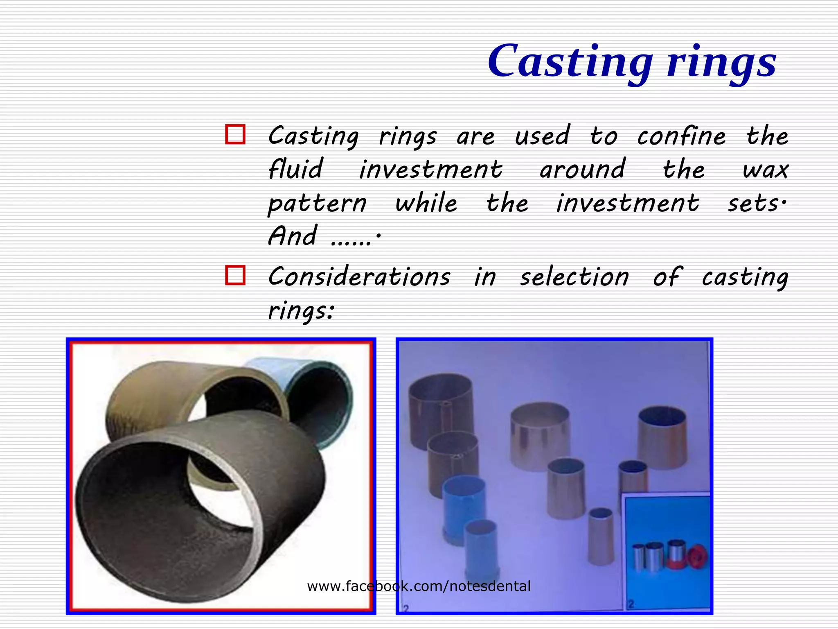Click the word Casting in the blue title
[570, 61]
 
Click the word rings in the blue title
[721, 63]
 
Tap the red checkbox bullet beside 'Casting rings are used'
[235, 134]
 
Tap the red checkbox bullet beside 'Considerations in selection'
[235, 275]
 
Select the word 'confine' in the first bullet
[681, 136]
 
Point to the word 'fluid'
[295, 169]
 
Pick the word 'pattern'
[317, 204]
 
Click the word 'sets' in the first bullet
[753, 204]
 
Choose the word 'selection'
[574, 277]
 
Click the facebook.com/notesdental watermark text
[419, 586]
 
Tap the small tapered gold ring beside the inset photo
[601, 536]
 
